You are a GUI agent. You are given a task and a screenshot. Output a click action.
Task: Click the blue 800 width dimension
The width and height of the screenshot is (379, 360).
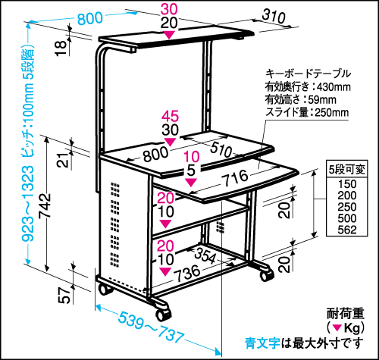coord(90,18)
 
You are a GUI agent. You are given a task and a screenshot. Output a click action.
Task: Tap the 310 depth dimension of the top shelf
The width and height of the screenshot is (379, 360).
coord(274,16)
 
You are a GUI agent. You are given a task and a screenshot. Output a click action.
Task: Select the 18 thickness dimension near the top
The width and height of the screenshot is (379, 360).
coord(61,49)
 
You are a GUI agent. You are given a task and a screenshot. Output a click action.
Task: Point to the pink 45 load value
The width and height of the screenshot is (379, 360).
coord(170,116)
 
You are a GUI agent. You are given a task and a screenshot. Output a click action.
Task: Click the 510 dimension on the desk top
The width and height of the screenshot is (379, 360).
coord(221,149)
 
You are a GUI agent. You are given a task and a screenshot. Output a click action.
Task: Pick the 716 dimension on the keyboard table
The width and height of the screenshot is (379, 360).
coord(235,177)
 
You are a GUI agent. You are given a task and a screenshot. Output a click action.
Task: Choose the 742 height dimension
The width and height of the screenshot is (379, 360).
coord(45,205)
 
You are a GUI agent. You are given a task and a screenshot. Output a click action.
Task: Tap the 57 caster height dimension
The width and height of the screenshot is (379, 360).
coord(64,295)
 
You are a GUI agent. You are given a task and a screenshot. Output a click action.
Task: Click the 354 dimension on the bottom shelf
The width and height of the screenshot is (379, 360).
coord(205,255)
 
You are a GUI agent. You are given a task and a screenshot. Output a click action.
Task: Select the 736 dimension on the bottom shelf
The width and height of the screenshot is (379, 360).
coord(187,274)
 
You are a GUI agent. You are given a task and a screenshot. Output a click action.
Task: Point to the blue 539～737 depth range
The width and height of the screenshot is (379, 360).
coord(151,327)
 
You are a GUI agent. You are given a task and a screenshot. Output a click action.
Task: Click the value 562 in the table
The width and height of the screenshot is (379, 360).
coord(347,230)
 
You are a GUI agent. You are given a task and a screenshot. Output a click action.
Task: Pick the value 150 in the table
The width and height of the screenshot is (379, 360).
coord(347,184)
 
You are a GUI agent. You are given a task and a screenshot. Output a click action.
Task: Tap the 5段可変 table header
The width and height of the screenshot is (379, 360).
coord(346,169)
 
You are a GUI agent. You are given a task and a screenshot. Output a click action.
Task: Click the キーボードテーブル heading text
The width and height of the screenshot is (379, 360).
coord(308,74)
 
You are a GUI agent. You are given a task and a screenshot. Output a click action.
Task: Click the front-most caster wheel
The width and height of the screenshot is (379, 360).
coord(162,314)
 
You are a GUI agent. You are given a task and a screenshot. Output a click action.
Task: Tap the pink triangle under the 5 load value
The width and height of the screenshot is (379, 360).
coord(191,183)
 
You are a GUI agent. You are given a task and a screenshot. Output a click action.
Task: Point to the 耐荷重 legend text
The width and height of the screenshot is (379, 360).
coord(346,314)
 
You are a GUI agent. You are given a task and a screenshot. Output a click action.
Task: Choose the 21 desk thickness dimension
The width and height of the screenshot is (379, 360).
coord(62,160)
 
